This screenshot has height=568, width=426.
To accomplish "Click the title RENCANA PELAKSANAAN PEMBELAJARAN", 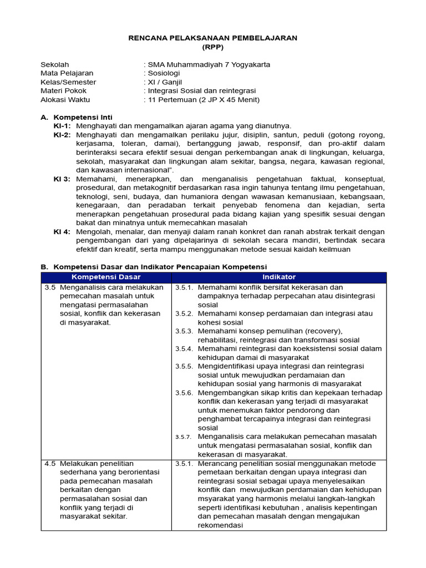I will pyautogui.click(x=213, y=38).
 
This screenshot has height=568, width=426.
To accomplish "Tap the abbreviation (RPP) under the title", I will pyautogui.click(x=213, y=47).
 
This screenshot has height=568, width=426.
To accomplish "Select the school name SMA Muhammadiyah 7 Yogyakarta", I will pyautogui.click(x=209, y=64).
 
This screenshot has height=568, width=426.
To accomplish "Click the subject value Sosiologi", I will pyautogui.click(x=163, y=73).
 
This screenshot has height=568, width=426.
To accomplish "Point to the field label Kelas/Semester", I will pyautogui.click(x=68, y=82).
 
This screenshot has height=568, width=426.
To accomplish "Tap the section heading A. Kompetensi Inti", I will pyautogui.click(x=77, y=117).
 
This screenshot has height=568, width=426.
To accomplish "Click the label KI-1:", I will pyautogui.click(x=62, y=126).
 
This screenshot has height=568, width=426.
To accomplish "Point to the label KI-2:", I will pyautogui.click(x=62, y=135).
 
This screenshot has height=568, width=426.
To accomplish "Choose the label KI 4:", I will pyautogui.click(x=62, y=232).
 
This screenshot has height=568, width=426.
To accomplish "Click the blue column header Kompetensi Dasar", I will pyautogui.click(x=106, y=277).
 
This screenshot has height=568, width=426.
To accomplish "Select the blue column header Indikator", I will pyautogui.click(x=278, y=277).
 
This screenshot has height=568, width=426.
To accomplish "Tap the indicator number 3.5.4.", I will pyautogui.click(x=184, y=349).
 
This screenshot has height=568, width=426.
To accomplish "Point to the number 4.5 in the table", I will pyautogui.click(x=50, y=463).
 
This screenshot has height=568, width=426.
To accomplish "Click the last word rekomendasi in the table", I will pyautogui.click(x=221, y=525).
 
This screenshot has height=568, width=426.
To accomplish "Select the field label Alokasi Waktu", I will pyautogui.click(x=65, y=100).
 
